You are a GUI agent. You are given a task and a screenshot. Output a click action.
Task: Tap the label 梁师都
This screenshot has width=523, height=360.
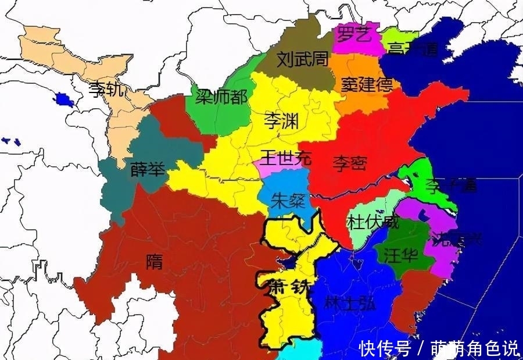click(220, 97)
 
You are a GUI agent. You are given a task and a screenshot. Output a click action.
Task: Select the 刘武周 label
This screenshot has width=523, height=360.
click(302, 59)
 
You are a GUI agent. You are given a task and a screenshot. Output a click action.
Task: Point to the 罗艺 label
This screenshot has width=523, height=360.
click(354, 34)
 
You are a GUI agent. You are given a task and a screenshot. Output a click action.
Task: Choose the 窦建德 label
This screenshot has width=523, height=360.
click(367, 85)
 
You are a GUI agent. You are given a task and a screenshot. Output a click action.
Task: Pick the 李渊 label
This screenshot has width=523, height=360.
click(281, 121)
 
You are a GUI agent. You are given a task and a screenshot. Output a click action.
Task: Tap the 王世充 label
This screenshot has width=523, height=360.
click(285, 156)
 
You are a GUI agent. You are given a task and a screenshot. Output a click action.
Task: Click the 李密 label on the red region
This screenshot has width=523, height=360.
click(349, 164)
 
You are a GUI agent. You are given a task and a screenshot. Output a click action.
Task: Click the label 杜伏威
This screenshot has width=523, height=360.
click(373, 222)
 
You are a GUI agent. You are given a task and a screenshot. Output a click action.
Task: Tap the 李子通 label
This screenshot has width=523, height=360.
click(451, 186)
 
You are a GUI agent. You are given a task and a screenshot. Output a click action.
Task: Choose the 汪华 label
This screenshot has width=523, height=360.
click(400, 255)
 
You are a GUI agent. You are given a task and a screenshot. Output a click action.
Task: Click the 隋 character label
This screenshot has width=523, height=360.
click(155, 262)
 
